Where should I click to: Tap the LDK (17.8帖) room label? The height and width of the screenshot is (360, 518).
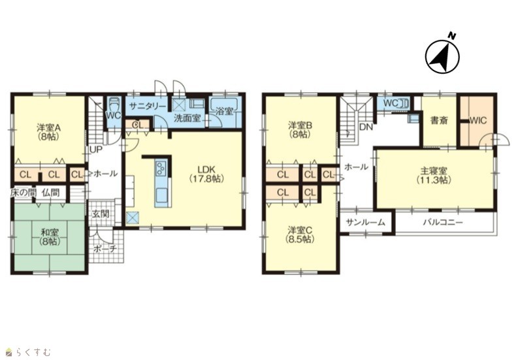[x=206, y=174]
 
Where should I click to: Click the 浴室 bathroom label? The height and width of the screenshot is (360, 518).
[x=224, y=111]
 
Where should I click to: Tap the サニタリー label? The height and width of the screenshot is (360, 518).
[x=148, y=106]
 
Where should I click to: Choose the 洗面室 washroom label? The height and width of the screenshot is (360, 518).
[x=187, y=118]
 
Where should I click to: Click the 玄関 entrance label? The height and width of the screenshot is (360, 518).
[x=101, y=214]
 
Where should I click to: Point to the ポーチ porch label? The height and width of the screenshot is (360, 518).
[x=105, y=248]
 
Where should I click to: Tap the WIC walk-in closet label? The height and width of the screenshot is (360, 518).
[x=478, y=120]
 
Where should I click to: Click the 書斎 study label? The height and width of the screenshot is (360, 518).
[x=439, y=120]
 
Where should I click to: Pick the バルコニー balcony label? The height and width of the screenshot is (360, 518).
[x=443, y=222]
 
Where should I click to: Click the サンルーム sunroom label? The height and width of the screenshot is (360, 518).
[x=366, y=222]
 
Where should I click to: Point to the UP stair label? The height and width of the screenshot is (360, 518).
[x=96, y=150]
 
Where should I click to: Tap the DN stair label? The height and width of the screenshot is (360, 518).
[x=366, y=127]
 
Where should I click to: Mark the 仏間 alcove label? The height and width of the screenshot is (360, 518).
[x=50, y=192]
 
